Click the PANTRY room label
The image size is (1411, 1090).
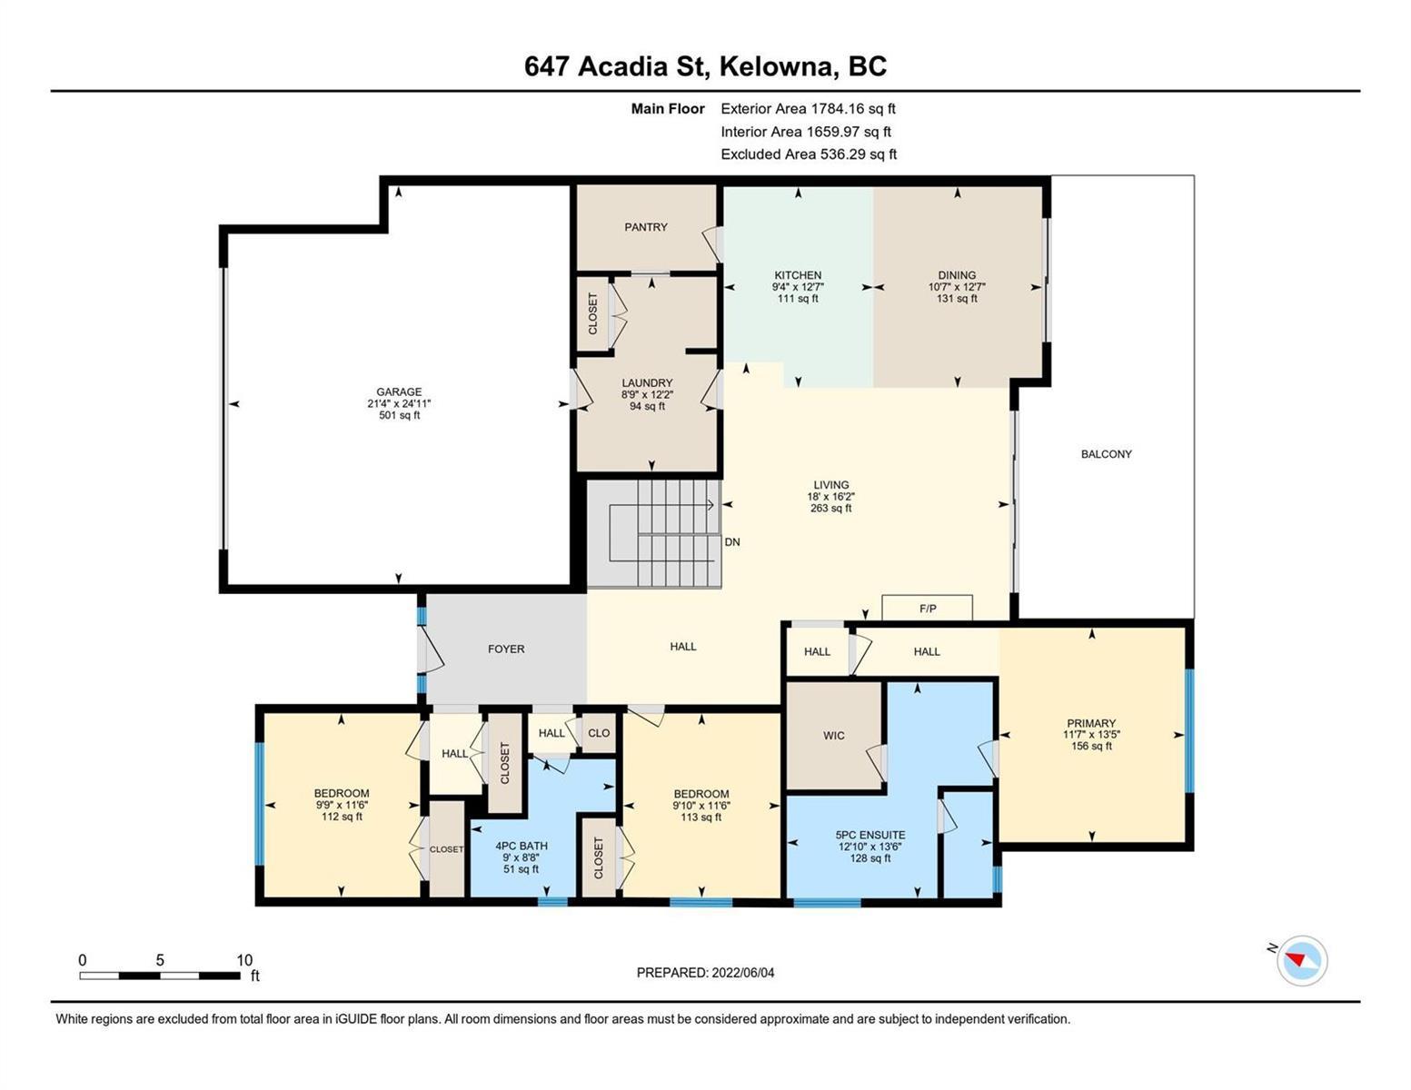(645, 226)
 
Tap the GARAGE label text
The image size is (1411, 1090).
(399, 391)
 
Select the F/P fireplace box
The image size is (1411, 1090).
(927, 608)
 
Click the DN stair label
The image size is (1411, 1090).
(731, 541)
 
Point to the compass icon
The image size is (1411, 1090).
(1301, 960)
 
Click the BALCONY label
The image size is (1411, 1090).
(1106, 454)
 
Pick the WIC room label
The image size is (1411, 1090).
(834, 736)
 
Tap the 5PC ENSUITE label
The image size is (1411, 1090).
(870, 835)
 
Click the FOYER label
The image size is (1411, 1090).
(506, 649)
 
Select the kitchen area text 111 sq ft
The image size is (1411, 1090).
(798, 298)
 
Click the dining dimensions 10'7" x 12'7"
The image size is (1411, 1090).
(957, 286)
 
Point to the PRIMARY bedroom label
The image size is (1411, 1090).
(1091, 722)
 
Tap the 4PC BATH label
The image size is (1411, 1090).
(521, 846)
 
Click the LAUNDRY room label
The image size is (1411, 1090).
(647, 383)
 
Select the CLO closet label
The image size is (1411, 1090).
(599, 733)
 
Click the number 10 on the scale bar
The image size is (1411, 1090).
(244, 960)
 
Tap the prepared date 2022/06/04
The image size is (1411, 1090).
(743, 973)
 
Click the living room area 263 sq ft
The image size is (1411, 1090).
(830, 508)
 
